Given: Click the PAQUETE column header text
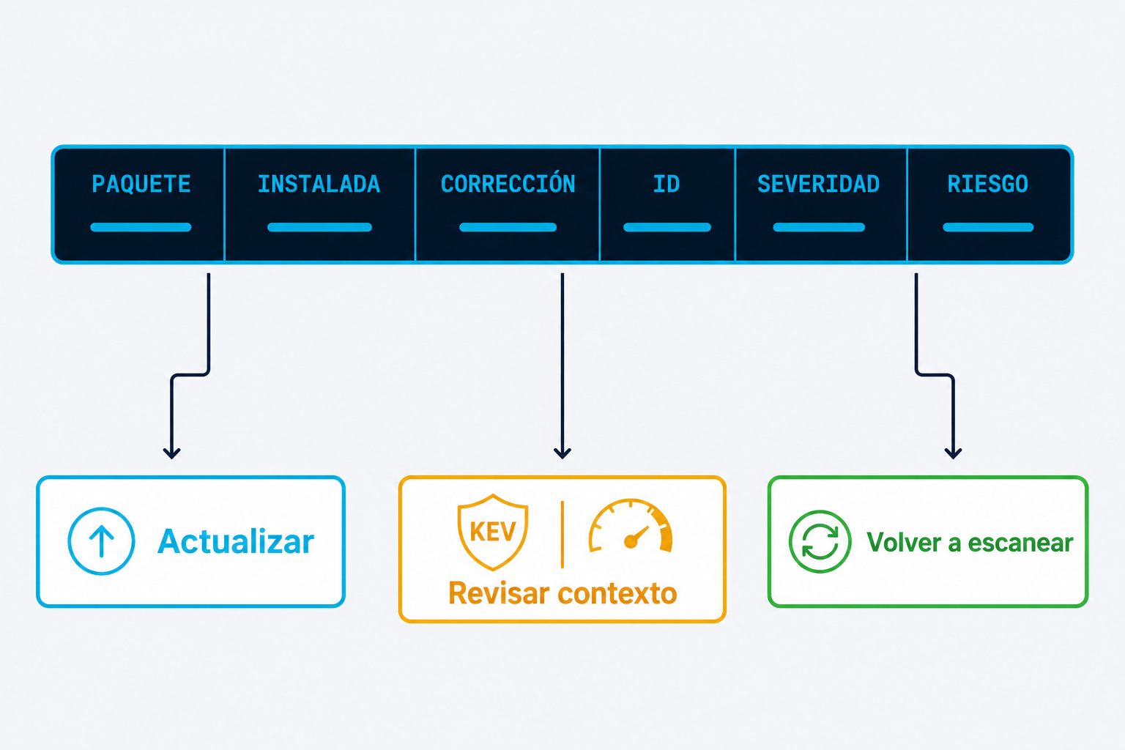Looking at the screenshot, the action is [x=141, y=184].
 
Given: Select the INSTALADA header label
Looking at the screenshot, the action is [x=319, y=184].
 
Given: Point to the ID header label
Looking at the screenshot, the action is [x=667, y=184].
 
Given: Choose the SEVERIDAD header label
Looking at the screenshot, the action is [x=819, y=184].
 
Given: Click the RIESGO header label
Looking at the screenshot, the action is [x=988, y=184].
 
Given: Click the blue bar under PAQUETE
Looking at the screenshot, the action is [x=141, y=227].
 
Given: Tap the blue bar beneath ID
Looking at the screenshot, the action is [x=667, y=227].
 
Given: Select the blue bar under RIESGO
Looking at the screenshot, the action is [x=988, y=227].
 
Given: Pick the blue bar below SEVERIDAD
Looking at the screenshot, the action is [x=819, y=227].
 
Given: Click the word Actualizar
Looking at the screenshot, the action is [x=236, y=541].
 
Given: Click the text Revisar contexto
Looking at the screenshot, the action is [x=562, y=593].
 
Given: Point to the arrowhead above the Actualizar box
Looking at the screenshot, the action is [x=172, y=453].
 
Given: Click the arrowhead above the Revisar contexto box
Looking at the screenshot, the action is [x=562, y=453].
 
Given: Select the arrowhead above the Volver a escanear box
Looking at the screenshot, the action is [x=953, y=453].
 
